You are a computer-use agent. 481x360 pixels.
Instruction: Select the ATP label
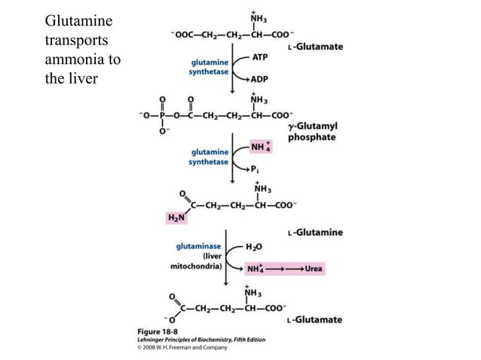coord(261,56)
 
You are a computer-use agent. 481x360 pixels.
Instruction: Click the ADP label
coord(261,78)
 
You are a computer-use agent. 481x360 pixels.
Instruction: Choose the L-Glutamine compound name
coord(315,232)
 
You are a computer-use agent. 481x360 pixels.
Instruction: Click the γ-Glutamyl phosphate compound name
coord(311,133)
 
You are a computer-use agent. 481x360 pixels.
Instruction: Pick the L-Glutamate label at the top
coord(315,46)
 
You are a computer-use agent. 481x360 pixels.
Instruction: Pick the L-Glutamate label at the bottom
coord(314,319)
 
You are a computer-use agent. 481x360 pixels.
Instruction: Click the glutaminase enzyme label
coord(198,246)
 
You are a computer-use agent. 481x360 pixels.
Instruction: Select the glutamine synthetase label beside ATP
coord(208,68)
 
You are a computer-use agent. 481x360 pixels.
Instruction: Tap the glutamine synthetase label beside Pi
coord(208,157)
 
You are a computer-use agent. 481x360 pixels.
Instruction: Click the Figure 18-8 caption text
coord(148,332)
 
